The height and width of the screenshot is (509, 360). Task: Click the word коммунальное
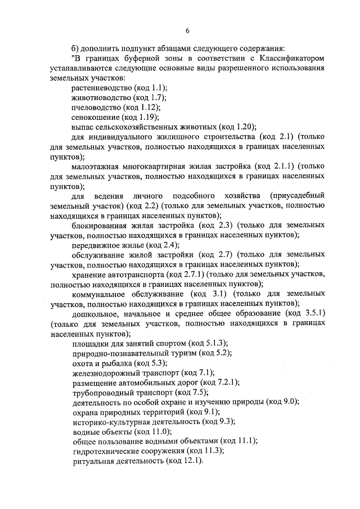pyautogui.click(x=100, y=294)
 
